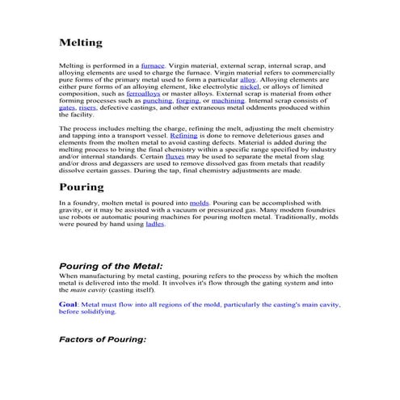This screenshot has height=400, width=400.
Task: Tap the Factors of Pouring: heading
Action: tap(103, 339)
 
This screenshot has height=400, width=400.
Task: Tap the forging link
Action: tap(188, 100)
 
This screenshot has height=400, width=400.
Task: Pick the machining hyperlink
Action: tap(229, 100)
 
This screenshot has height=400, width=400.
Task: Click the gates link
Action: tap(67, 107)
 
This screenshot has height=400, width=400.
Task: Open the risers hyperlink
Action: tap(89, 107)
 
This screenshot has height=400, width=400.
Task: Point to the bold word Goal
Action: tap(68, 304)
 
